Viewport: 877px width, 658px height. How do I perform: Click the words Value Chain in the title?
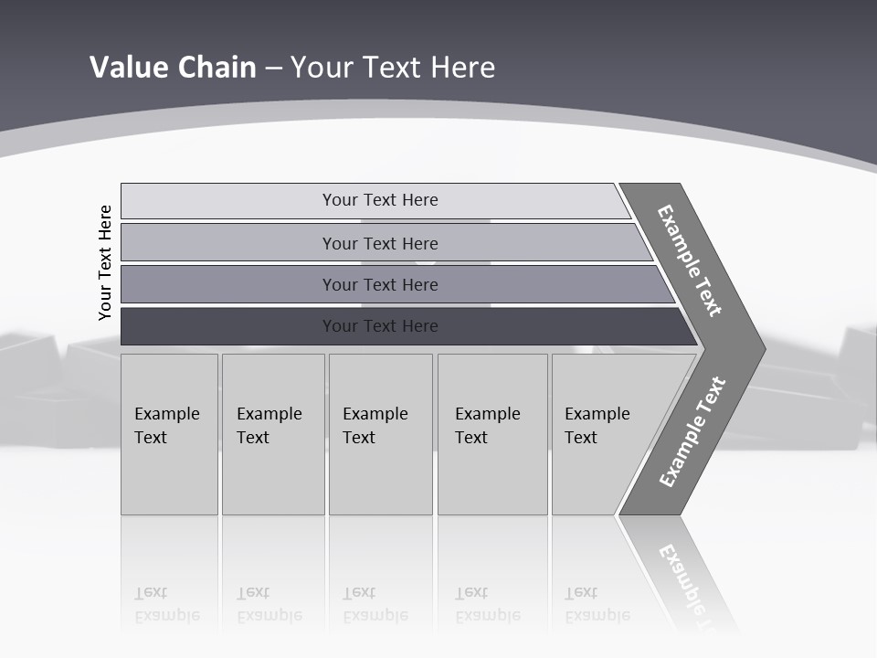click(173, 67)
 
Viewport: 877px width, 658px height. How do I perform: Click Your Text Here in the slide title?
click(393, 67)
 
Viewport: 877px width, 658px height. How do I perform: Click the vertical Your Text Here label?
click(105, 262)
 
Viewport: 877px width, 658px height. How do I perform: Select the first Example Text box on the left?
click(169, 434)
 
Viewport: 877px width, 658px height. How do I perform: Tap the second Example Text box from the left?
click(273, 434)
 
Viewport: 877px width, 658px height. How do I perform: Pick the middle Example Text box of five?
click(380, 434)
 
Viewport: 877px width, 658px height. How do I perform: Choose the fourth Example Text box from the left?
click(492, 434)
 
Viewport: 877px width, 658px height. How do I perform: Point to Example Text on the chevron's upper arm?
click(690, 260)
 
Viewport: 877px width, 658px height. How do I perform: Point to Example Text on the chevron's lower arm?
click(692, 431)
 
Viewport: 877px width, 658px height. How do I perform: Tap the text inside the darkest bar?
click(380, 326)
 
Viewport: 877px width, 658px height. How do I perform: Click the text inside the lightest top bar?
click(380, 200)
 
